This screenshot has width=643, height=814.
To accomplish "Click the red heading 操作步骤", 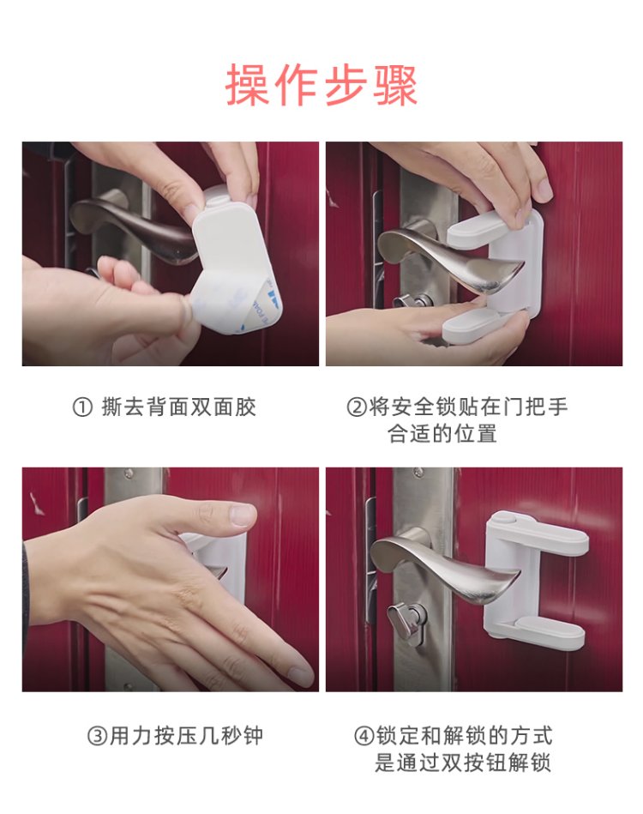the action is [x=321, y=85].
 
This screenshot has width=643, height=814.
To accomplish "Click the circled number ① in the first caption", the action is [x=82, y=407].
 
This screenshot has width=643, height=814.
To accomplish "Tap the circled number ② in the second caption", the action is [x=357, y=407].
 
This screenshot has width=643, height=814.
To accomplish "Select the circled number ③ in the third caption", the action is [x=98, y=736].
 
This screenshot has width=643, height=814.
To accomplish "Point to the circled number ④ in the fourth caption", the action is [x=364, y=736].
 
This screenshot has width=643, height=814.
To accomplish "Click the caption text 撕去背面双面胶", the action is [x=179, y=407].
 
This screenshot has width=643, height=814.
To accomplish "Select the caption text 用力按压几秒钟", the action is [x=186, y=736].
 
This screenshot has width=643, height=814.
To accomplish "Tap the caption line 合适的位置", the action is [x=442, y=433].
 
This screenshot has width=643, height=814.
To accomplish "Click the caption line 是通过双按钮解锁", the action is [x=462, y=763].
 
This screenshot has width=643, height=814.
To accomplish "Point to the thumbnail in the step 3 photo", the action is [x=243, y=516].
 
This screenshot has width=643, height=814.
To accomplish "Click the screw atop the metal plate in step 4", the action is [x=417, y=473].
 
